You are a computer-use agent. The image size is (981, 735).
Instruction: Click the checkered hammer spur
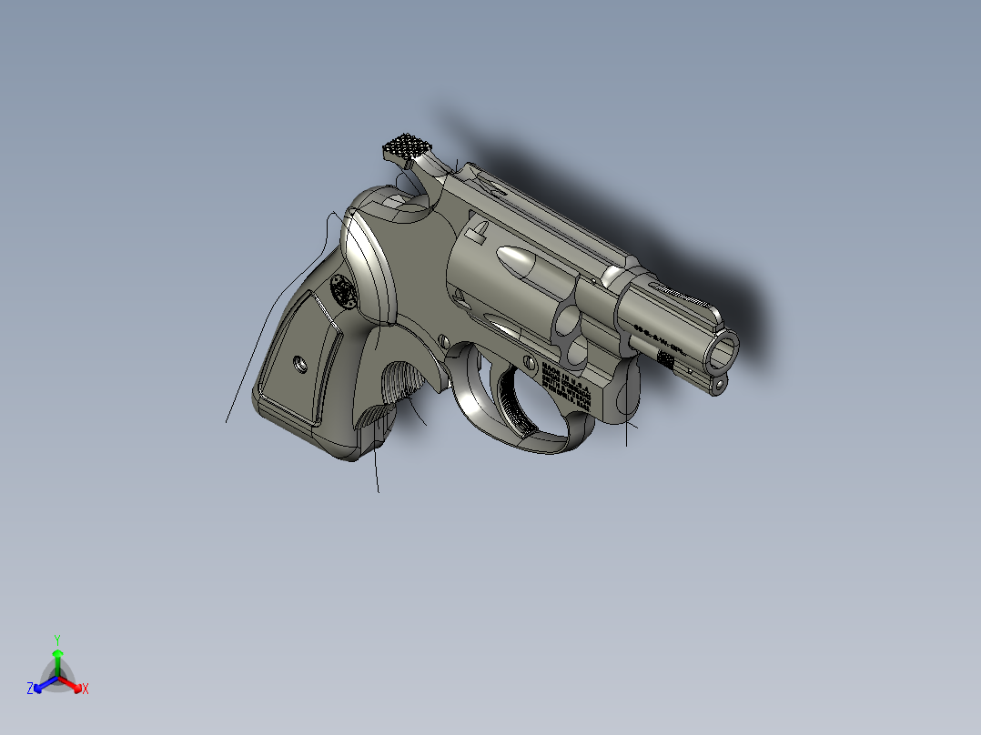pyautogui.click(x=406, y=146)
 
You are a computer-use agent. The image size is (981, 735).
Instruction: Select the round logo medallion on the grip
pyautogui.click(x=344, y=292)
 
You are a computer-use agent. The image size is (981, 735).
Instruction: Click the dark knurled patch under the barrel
pyautogui.click(x=666, y=360)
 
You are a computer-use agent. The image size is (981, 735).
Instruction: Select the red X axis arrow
pyautogui.click(x=75, y=685)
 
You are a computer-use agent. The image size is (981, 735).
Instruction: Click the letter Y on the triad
pyautogui.click(x=57, y=639)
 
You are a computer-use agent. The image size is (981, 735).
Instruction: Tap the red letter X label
pyautogui.click(x=86, y=690)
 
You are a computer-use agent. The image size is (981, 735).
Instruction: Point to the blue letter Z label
pyautogui.click(x=30, y=690)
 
